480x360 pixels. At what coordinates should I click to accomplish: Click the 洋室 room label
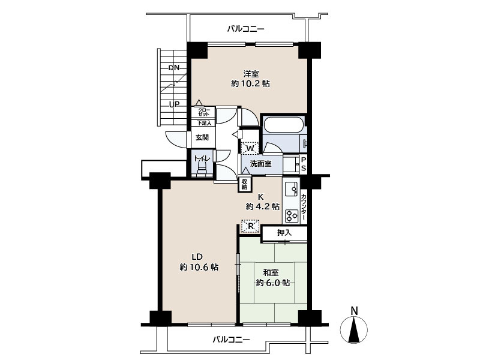[x=251, y=74]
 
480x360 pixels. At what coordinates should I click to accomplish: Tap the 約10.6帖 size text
[x=199, y=267]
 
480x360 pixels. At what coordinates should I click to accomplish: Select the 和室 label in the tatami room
[x=271, y=272]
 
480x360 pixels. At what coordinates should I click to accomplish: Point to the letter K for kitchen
[x=261, y=197]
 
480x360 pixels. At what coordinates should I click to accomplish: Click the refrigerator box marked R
[x=250, y=227]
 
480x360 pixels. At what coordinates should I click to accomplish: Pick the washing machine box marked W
[x=250, y=148]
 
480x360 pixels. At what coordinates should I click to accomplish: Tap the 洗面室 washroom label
[x=261, y=164]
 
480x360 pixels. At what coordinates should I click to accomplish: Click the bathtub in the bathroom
[x=283, y=124]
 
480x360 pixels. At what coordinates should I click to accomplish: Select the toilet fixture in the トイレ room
[x=202, y=168]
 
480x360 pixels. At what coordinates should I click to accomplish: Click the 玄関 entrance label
[x=202, y=137]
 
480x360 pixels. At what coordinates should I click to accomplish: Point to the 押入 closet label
[x=284, y=233]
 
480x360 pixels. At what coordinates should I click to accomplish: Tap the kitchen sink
[x=291, y=190]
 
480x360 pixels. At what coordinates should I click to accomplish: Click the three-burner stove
[x=292, y=216]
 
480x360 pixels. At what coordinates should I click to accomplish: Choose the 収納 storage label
[x=244, y=184]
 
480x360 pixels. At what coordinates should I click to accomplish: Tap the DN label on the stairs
[x=174, y=68]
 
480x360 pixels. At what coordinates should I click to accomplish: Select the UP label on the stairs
[x=174, y=104]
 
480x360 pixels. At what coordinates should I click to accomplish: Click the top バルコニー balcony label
[x=246, y=29]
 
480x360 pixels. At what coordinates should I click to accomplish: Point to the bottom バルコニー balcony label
[x=232, y=340]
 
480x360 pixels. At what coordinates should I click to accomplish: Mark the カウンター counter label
[x=304, y=206]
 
